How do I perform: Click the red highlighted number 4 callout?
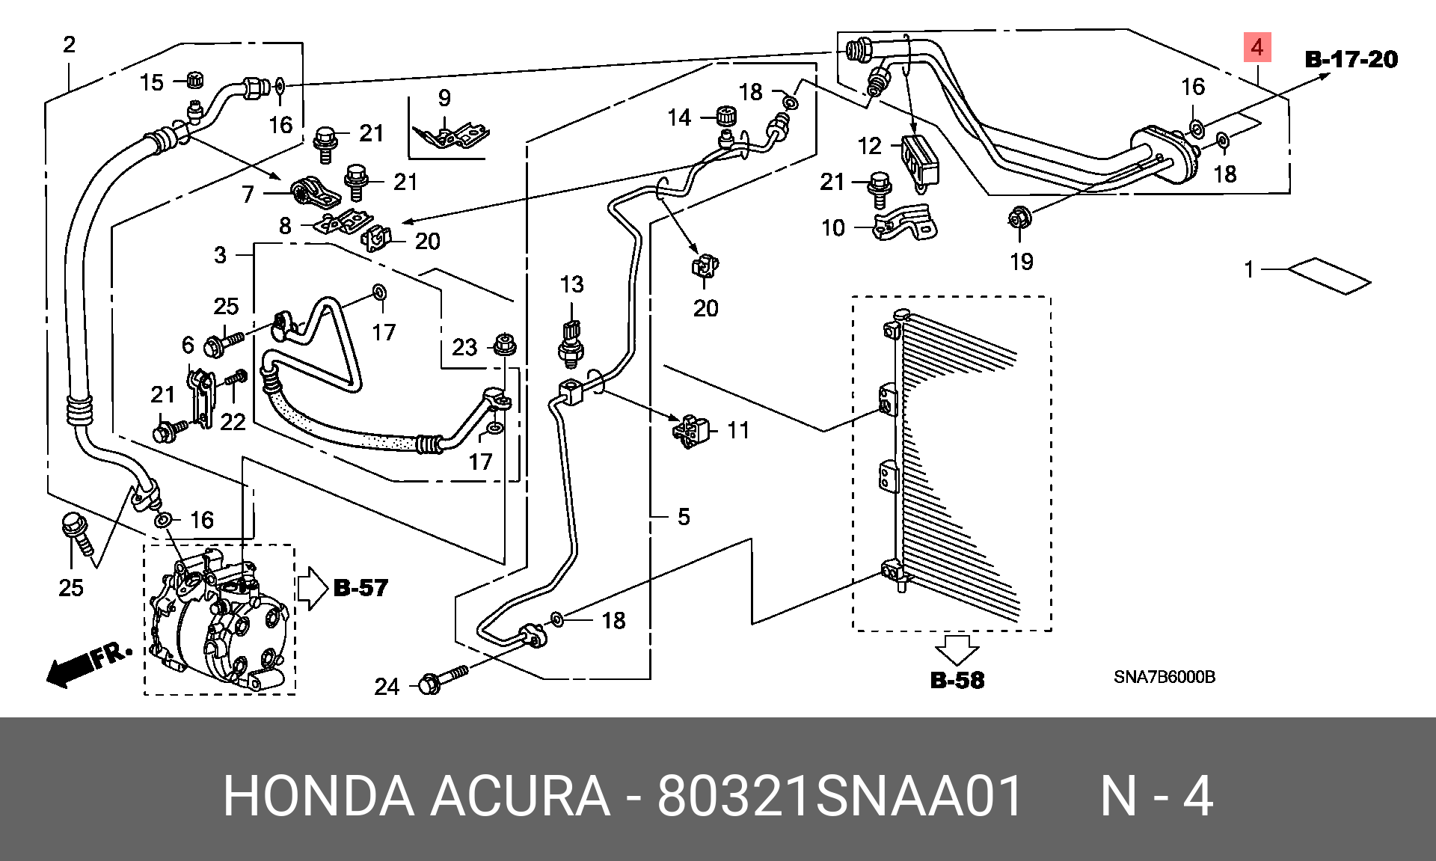[1257, 47]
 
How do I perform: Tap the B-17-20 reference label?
[1351, 59]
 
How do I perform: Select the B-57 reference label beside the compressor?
[360, 588]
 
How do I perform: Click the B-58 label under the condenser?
[957, 680]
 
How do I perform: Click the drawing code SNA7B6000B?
[1165, 677]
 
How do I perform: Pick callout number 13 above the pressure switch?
[572, 284]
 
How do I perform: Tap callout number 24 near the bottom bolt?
[387, 687]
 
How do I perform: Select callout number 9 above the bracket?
[445, 98]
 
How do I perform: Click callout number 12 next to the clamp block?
[870, 146]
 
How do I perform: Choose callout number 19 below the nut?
[1022, 262]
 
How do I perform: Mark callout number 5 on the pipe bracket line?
[684, 517]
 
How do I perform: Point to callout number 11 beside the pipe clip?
[738, 430]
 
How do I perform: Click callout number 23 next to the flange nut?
[464, 347]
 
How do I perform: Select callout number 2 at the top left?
[70, 45]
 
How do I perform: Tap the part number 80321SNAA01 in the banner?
[840, 796]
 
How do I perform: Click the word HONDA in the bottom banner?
[319, 796]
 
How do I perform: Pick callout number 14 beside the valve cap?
[679, 117]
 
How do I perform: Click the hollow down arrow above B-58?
[957, 650]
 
